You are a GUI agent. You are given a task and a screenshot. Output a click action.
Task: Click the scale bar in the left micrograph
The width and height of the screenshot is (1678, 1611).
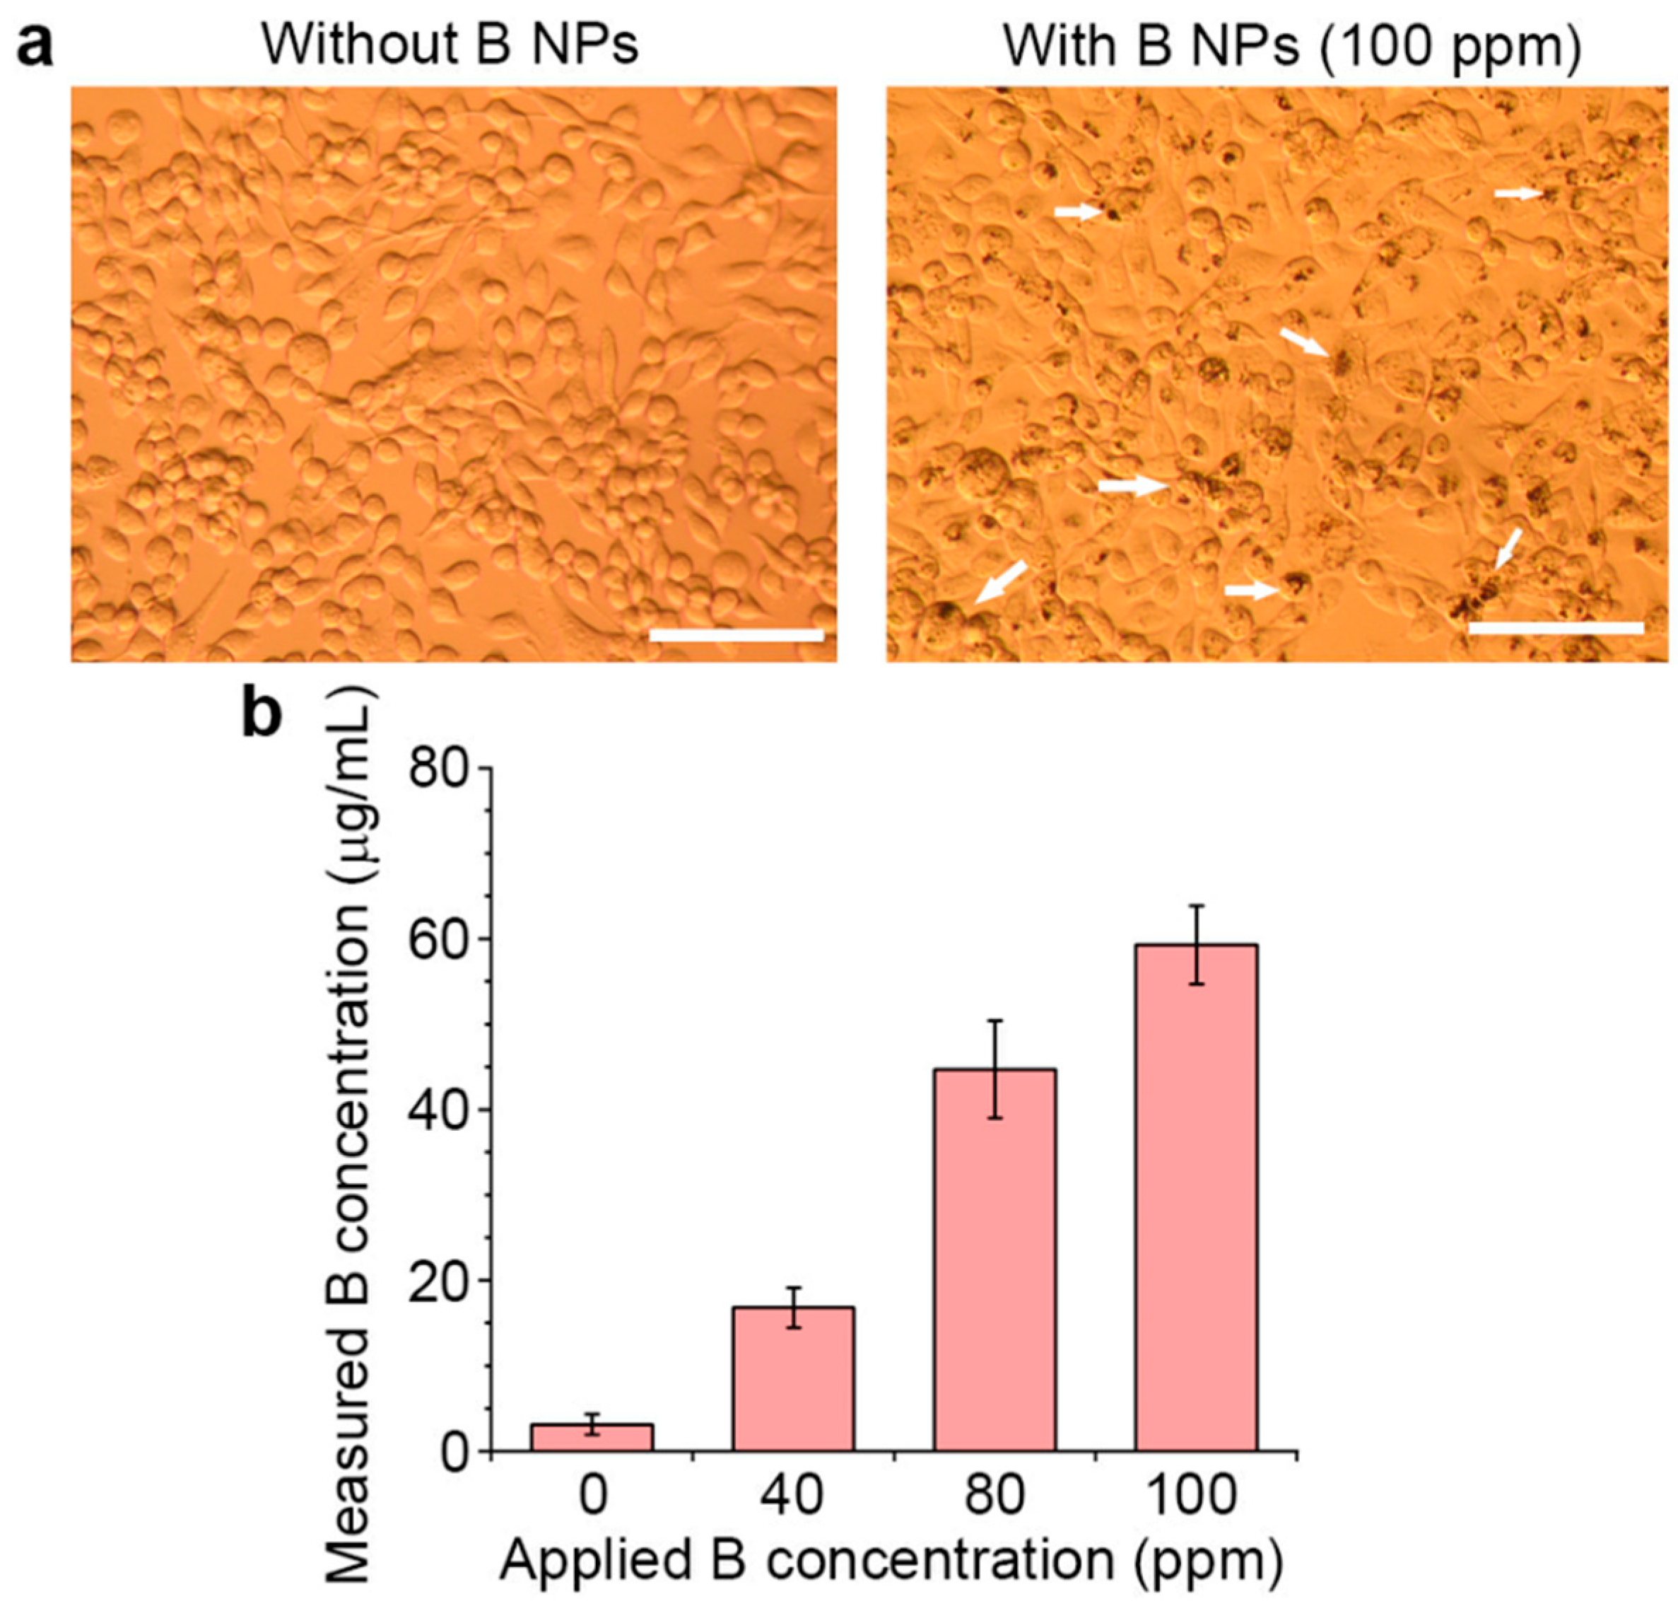click(x=737, y=634)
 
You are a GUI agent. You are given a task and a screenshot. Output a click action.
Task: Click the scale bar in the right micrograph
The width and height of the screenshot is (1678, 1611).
click(x=1556, y=628)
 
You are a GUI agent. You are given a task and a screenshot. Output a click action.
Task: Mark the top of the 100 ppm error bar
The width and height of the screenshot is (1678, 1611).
click(x=1196, y=906)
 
